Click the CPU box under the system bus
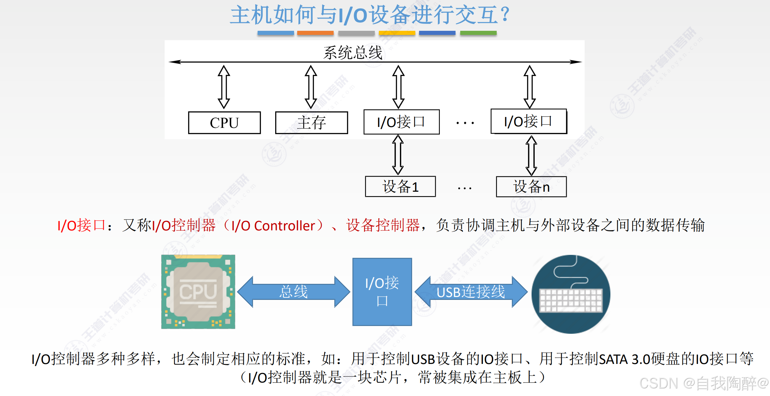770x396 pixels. (x=224, y=123)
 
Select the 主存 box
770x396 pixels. (x=311, y=123)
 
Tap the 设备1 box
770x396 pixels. (x=400, y=187)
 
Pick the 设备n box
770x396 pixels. (x=531, y=187)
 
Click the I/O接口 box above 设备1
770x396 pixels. (x=401, y=122)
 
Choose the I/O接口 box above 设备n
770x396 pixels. (x=529, y=121)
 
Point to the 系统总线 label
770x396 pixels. (x=353, y=52)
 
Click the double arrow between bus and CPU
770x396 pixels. (x=224, y=87)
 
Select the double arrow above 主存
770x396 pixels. (x=311, y=87)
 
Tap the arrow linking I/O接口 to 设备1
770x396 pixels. (x=398, y=155)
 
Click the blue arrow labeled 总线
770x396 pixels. (x=293, y=292)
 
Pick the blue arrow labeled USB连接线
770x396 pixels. (x=471, y=292)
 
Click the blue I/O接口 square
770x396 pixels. (x=382, y=292)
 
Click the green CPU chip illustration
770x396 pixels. (x=198, y=292)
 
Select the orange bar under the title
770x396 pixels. (x=315, y=33)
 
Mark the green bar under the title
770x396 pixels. (x=478, y=33)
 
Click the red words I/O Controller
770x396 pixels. (x=273, y=226)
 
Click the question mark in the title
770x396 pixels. (x=505, y=15)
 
